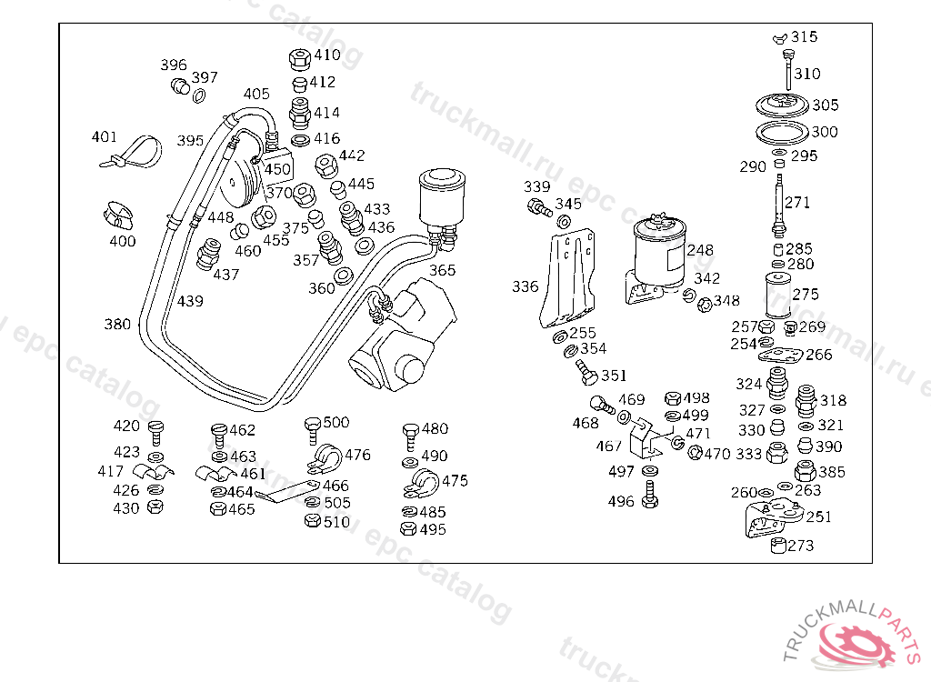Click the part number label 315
tap(804, 37)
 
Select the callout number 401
tap(105, 137)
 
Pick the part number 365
tap(443, 270)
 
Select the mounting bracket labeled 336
tap(568, 282)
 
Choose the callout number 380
tap(117, 325)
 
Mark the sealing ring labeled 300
tap(781, 133)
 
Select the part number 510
tap(336, 522)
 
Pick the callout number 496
tap(621, 501)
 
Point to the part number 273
tap(801, 546)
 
